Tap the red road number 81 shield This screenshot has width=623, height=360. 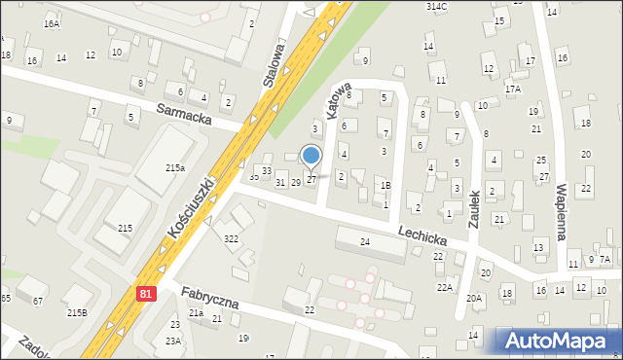click(x=146, y=293)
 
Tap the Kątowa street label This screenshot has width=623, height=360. click(x=338, y=101)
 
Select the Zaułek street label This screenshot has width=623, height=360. click(x=474, y=208)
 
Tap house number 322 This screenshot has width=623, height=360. click(x=231, y=238)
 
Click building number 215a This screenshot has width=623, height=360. click(x=175, y=168)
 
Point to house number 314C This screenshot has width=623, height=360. click(x=437, y=6)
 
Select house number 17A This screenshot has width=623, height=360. click(x=512, y=89)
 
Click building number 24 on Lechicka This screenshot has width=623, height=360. click(x=365, y=241)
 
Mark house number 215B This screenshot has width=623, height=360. click(x=77, y=312)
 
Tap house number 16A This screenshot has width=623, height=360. click(x=52, y=22)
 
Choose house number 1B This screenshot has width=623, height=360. click(x=385, y=185)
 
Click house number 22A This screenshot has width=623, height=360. click(x=445, y=287)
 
